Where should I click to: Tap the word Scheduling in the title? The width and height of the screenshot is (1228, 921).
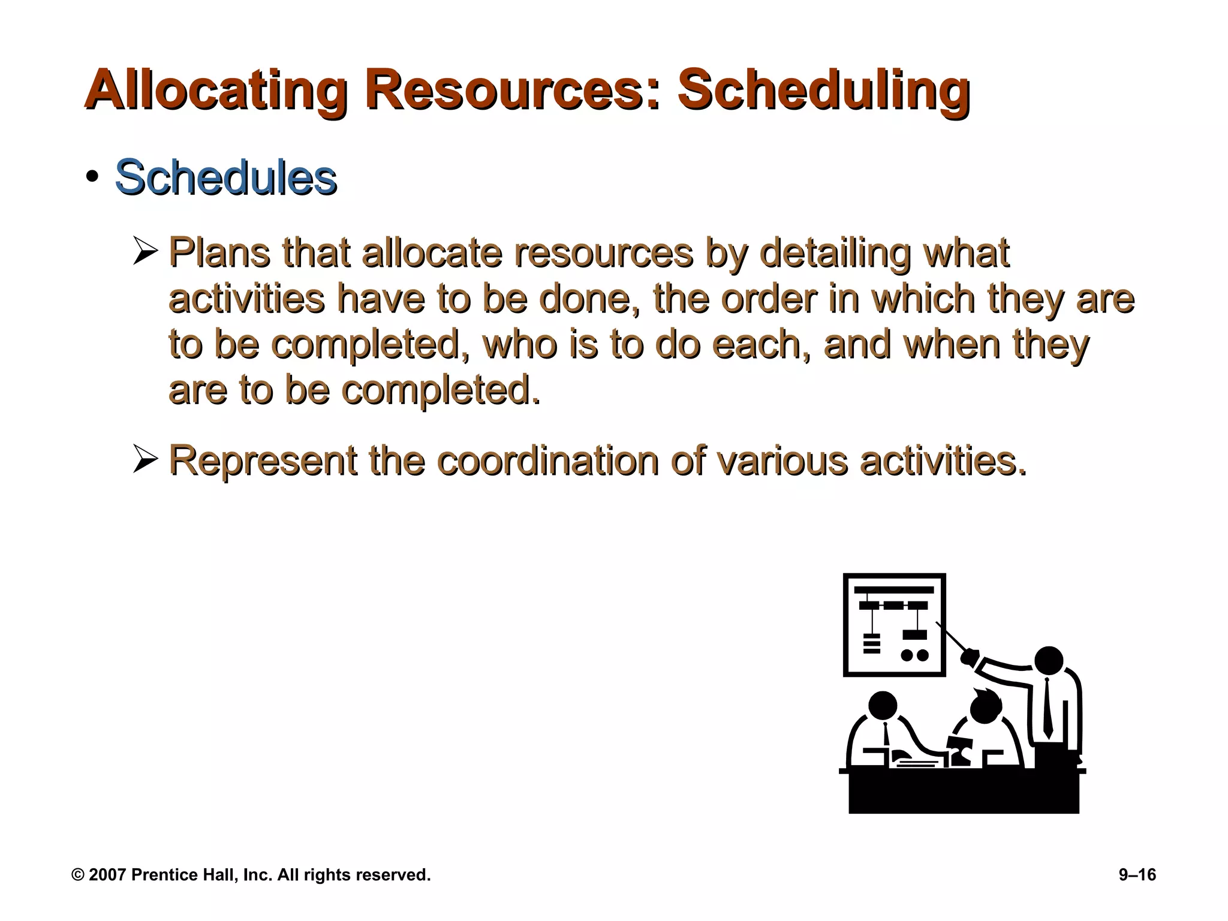[x=823, y=91]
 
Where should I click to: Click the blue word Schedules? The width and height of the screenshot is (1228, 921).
[x=225, y=178]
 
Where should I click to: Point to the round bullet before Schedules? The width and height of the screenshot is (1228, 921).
[x=92, y=177]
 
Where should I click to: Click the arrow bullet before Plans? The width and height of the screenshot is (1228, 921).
[x=145, y=251]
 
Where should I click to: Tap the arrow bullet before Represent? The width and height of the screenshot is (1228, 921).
[x=145, y=459]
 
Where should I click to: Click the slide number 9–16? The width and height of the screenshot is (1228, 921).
[x=1137, y=875]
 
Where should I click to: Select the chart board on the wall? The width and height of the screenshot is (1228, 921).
[x=893, y=625]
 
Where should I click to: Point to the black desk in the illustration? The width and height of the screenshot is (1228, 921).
[x=964, y=791]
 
